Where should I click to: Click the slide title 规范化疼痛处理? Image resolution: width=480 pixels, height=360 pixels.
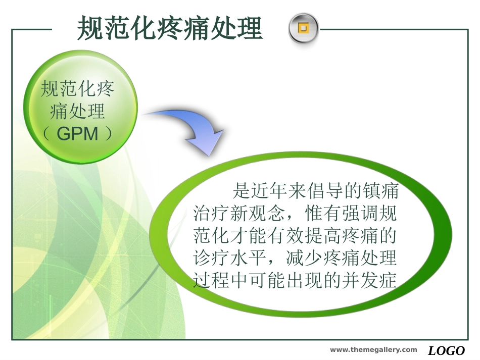click(170, 28)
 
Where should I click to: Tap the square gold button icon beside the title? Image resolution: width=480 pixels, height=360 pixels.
click(303, 28)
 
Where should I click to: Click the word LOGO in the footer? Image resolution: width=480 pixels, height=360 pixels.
click(447, 351)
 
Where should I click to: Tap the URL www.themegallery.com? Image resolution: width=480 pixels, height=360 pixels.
click(374, 350)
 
